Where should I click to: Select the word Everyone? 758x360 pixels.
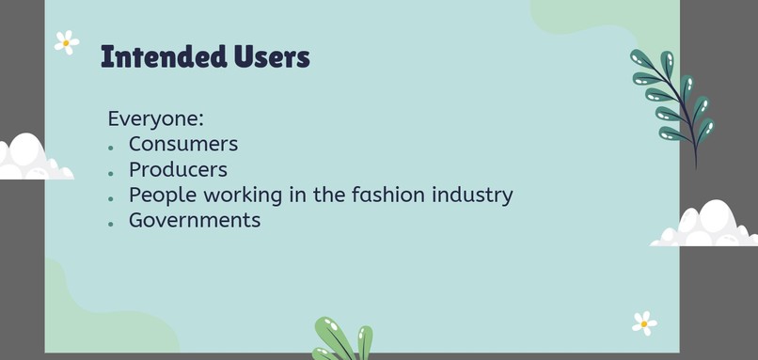click(155, 119)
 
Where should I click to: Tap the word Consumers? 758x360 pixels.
click(183, 144)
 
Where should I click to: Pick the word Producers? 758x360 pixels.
click(178, 169)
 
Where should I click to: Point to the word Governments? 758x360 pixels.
click(195, 220)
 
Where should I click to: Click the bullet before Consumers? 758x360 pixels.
click(111, 148)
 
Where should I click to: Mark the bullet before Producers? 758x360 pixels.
click(111, 173)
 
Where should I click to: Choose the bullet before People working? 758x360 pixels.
click(111, 198)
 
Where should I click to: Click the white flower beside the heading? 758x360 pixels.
click(66, 42)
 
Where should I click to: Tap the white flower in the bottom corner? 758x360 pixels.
click(644, 323)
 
